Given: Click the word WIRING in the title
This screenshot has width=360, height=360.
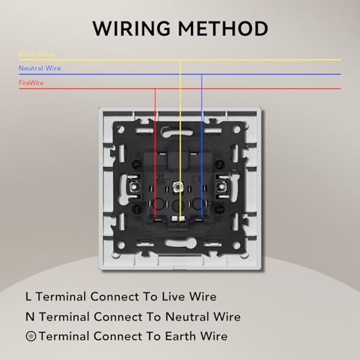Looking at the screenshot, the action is tap(131, 29).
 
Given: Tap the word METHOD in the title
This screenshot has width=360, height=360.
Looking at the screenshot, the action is tap(223, 29).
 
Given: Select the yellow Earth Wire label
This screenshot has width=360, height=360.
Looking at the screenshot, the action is tap(36, 54).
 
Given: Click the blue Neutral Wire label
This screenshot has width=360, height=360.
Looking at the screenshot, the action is tap(40, 68).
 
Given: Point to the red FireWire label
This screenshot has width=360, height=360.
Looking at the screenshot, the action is tap(31, 83).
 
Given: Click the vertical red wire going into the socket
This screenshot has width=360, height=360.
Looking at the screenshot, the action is tap(155, 153).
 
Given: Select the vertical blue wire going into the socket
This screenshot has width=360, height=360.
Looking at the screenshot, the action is tap(202, 146).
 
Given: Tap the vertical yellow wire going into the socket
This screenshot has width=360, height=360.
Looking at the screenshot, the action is tap(181, 139).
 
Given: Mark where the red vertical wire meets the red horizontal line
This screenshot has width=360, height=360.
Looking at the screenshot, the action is tap(155, 89).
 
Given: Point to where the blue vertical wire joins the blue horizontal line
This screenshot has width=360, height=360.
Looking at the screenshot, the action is tap(202, 74).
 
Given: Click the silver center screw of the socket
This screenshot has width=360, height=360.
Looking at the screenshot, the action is tap(178, 186).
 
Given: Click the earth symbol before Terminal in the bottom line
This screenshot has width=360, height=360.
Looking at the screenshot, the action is tap(31, 336).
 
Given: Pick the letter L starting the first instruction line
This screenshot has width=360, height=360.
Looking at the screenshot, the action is tap(28, 297).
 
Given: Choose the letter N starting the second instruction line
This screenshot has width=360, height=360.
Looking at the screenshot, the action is tap(30, 317).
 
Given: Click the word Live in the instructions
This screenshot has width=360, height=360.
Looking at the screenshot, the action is tap(173, 297).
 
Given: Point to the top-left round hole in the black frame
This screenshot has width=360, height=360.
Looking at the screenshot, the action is tap(121, 130).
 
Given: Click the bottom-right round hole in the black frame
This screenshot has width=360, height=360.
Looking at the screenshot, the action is tap(236, 246).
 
